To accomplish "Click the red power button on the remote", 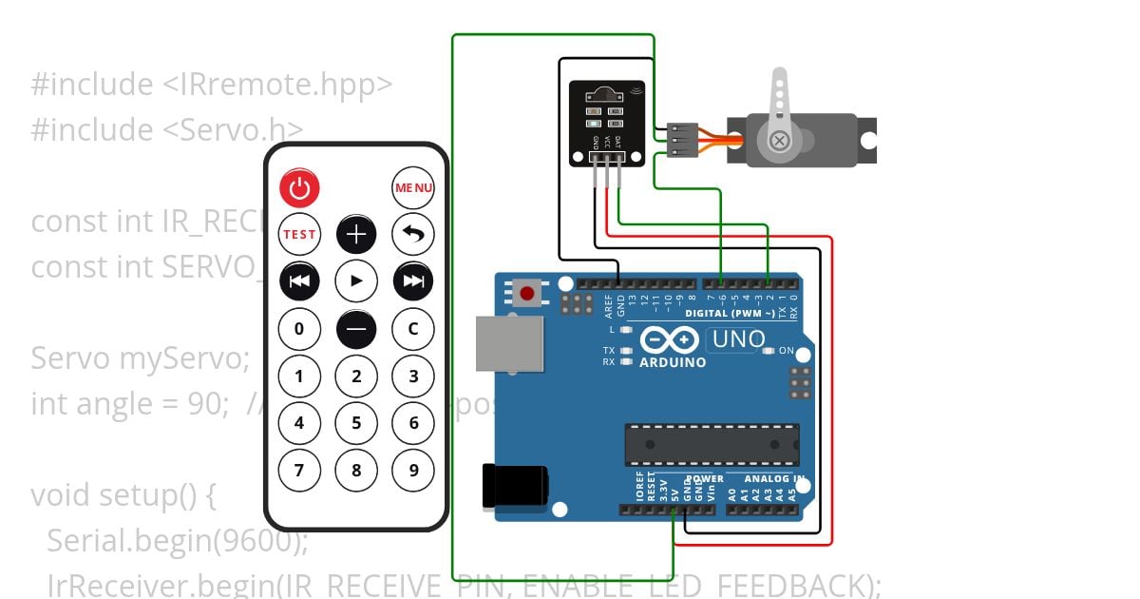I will click(x=299, y=188).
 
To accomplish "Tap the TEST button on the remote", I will click(x=299, y=234).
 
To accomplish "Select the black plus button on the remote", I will click(x=356, y=234).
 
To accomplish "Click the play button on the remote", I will click(x=356, y=280).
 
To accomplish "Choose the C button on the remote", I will click(x=413, y=329).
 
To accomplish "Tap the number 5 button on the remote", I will click(x=356, y=423).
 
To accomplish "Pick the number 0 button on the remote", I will click(x=299, y=329).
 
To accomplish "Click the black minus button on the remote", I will click(x=356, y=329).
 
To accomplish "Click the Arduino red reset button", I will click(x=526, y=292).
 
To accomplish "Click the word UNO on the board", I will click(x=738, y=339).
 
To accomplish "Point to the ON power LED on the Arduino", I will click(x=769, y=351).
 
